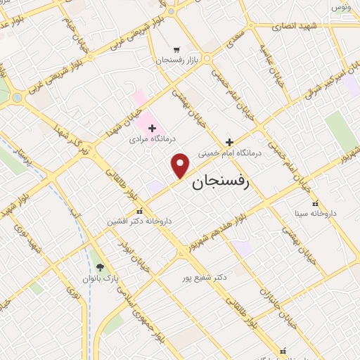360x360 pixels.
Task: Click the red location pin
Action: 181,165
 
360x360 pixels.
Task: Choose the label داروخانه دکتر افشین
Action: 139,221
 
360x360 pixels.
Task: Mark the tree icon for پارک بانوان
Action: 101,267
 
